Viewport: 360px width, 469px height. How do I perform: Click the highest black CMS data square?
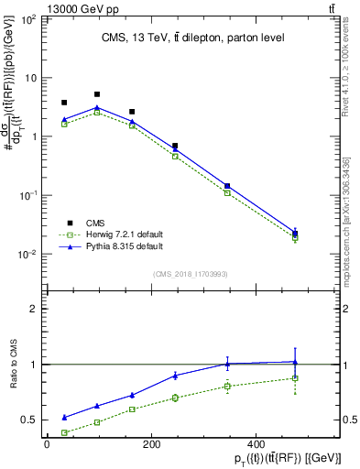[x=97, y=94]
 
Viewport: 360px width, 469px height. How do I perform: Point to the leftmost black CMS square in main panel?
[x=64, y=103]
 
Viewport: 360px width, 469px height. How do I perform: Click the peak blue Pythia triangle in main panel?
[x=97, y=107]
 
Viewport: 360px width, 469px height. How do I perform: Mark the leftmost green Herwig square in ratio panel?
[x=64, y=432]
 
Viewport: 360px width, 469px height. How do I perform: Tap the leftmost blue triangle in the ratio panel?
[x=64, y=417]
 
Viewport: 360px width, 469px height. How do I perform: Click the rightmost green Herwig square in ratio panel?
[x=294, y=378]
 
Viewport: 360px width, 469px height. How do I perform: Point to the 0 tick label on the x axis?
[x=47, y=444]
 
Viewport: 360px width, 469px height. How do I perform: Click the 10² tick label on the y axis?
[x=27, y=19]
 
